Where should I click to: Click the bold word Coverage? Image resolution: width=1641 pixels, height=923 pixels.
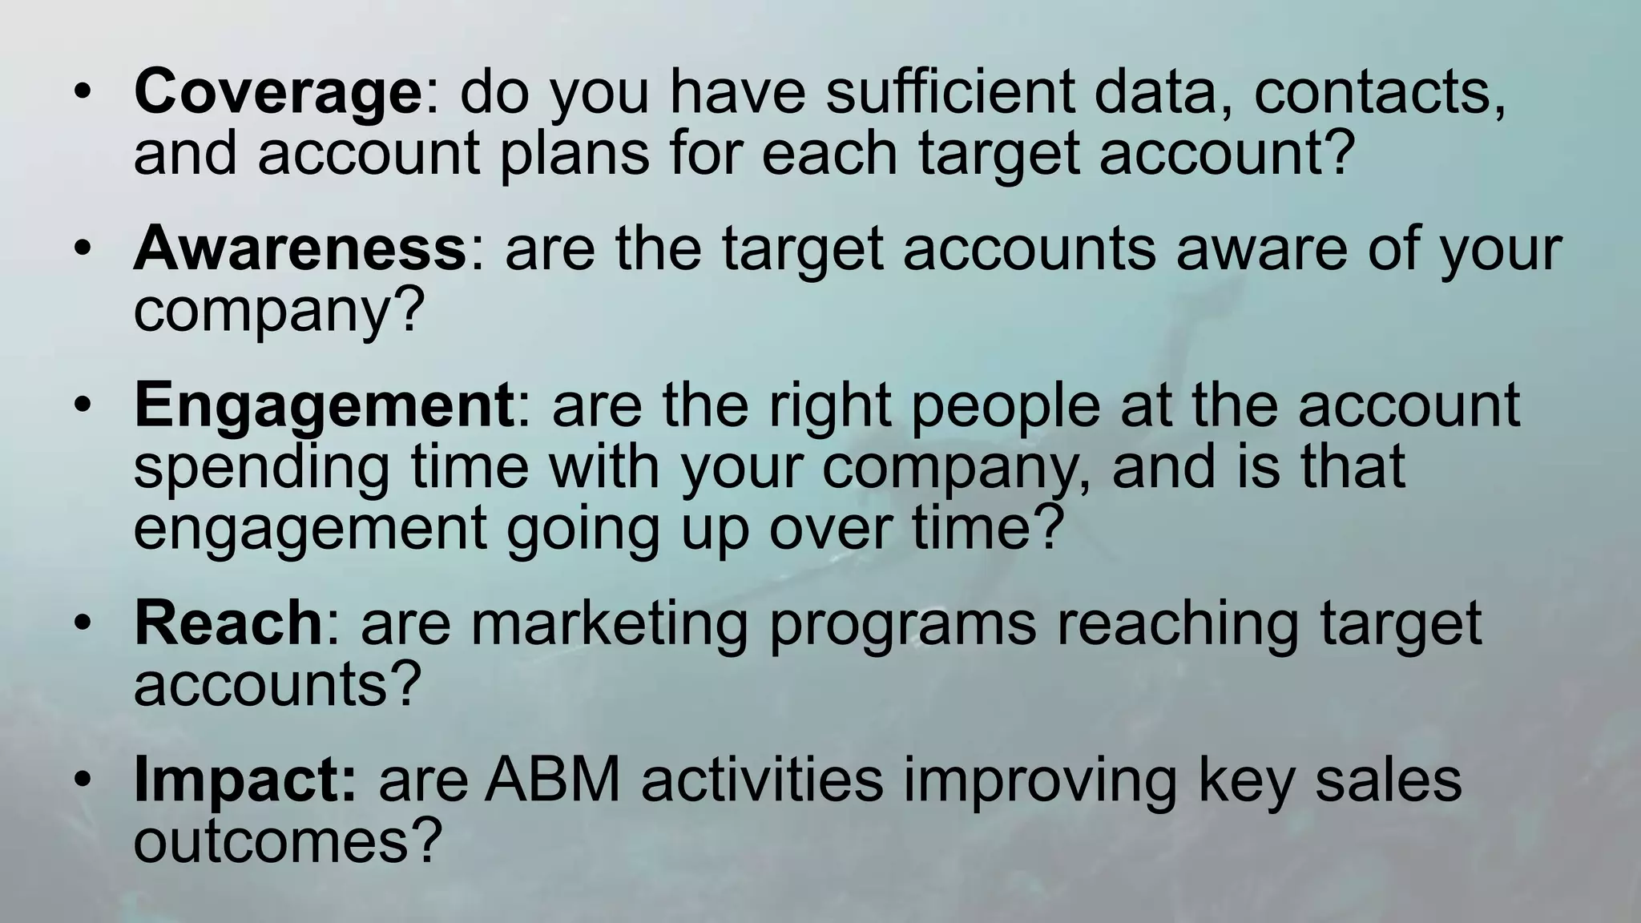[277, 93]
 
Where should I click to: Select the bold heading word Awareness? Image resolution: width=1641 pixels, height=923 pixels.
[300, 249]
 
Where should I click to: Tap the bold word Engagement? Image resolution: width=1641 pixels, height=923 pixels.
[324, 406]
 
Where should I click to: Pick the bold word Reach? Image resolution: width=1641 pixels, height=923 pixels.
[228, 623]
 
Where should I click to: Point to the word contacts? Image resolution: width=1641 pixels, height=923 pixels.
[1379, 93]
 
